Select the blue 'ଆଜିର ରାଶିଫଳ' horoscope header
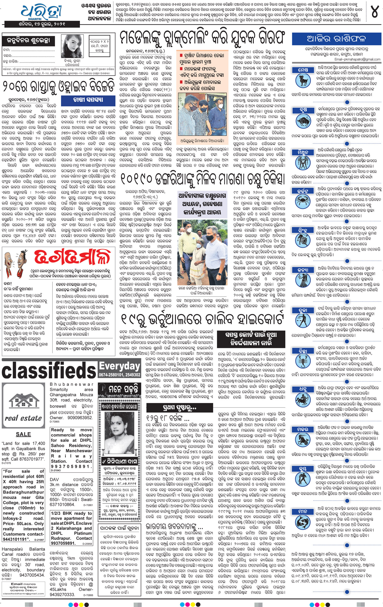point(336,39)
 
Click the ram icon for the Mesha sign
point(303,81)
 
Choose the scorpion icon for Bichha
point(303,362)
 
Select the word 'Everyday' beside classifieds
point(120,366)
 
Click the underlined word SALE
point(23,434)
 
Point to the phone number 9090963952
point(80,418)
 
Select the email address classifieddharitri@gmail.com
point(23,594)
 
